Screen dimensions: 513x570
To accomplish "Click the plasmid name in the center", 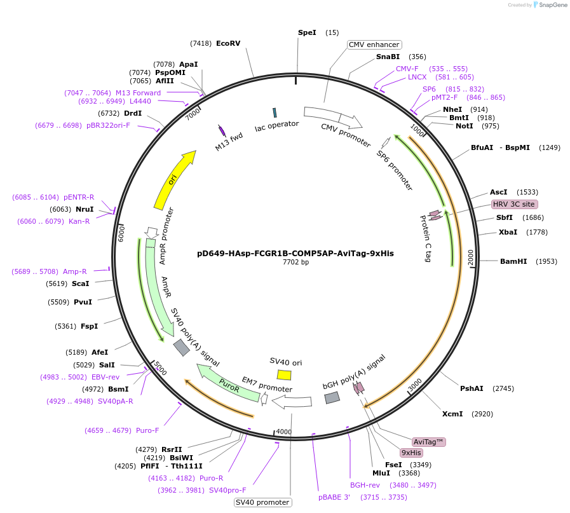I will [295, 253].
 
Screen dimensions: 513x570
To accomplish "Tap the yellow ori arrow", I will [175, 180].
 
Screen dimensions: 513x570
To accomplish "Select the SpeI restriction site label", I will [307, 32].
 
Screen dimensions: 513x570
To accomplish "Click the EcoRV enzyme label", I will [228, 43].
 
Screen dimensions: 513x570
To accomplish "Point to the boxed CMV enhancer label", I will [374, 44].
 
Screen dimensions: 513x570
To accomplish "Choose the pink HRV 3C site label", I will [514, 204].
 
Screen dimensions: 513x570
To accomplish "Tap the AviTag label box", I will [429, 442].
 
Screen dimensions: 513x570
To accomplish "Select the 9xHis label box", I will [411, 453].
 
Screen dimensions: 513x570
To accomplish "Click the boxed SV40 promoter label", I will [262, 502].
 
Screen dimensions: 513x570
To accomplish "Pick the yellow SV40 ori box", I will [284, 375].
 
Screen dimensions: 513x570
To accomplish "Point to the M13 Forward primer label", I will [138, 93].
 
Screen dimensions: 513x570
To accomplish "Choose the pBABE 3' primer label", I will [334, 497].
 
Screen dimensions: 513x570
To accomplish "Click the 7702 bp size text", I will [295, 262].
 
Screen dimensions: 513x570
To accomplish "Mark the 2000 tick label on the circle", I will [471, 257].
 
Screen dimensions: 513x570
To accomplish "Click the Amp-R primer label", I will [75, 271].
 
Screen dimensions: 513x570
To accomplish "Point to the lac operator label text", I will [276, 127].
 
